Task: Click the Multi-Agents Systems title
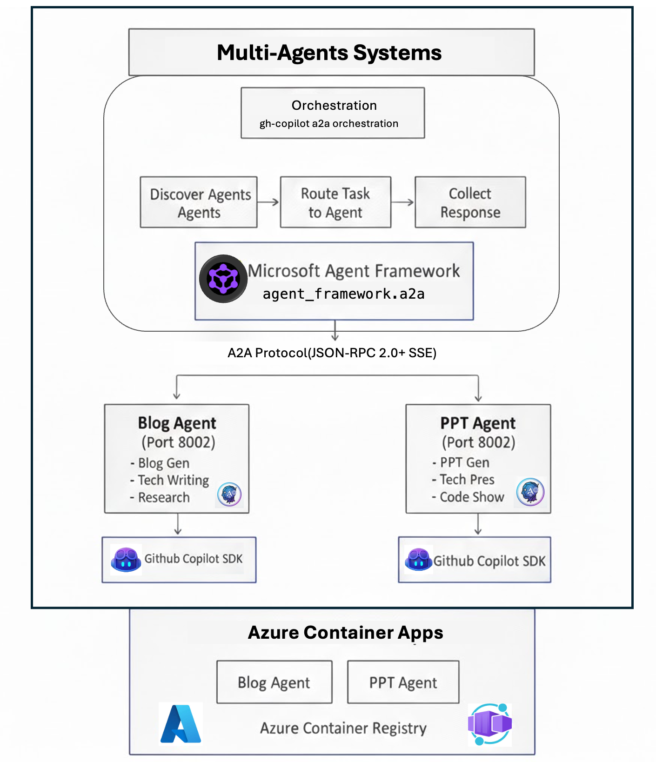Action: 329,53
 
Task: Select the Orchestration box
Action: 333,113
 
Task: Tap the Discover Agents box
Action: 199,202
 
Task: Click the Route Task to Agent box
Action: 335,202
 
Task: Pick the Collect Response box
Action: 470,202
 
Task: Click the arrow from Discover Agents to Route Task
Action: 268,202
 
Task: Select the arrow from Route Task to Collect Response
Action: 402,202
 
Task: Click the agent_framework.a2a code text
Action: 343,294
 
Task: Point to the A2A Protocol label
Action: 332,353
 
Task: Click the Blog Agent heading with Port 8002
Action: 177,432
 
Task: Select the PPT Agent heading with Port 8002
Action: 478,432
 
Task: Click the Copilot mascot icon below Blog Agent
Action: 126,560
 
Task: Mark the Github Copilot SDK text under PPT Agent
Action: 489,561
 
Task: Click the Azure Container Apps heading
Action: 345,633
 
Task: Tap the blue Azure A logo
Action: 181,724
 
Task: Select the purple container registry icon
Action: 489,724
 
